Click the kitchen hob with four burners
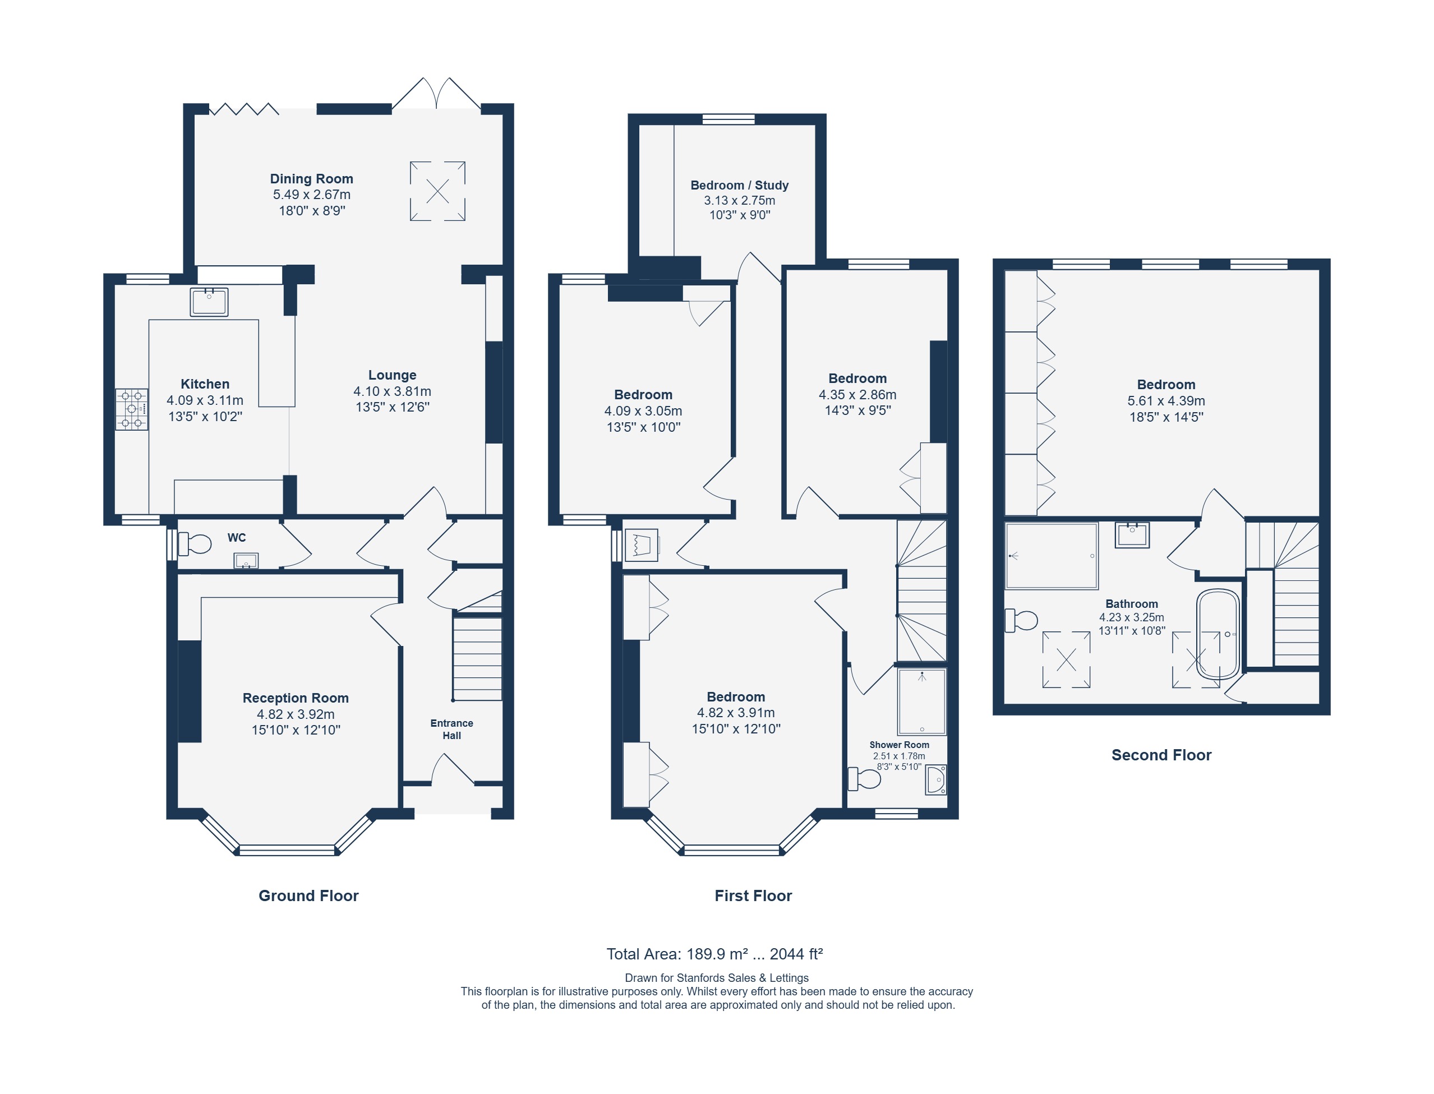pyautogui.click(x=132, y=409)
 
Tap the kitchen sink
pyautogui.click(x=209, y=302)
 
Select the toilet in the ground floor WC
pyautogui.click(x=194, y=544)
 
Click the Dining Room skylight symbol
pyautogui.click(x=437, y=191)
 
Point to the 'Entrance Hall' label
pyautogui.click(x=451, y=730)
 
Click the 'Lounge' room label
pyautogui.click(x=392, y=375)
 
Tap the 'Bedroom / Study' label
pyautogui.click(x=739, y=185)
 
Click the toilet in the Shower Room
pyautogui.click(x=864, y=778)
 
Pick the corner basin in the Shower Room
pyautogui.click(x=936, y=779)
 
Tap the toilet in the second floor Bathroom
pyautogui.click(x=1021, y=621)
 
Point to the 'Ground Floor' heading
pyautogui.click(x=308, y=895)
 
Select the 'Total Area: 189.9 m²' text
pyautogui.click(x=677, y=954)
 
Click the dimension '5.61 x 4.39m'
pyautogui.click(x=1166, y=401)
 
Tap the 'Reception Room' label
pyautogui.click(x=296, y=698)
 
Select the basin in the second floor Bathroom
pyautogui.click(x=1132, y=536)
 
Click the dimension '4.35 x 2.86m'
pyautogui.click(x=857, y=395)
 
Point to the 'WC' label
pyautogui.click(x=237, y=538)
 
